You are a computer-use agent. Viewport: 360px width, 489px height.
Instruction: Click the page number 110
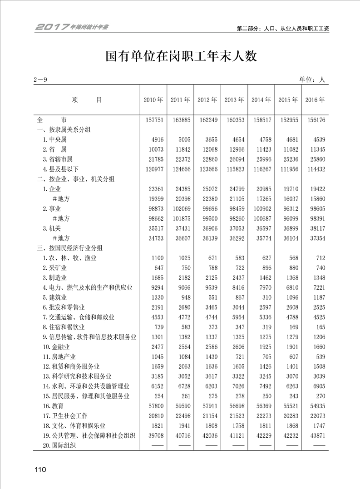tap(39, 470)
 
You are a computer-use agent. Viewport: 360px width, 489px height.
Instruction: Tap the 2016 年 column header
tap(315, 100)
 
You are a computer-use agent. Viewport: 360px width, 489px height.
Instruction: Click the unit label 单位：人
tap(312, 80)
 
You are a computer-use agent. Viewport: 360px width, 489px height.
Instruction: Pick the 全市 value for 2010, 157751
tap(153, 120)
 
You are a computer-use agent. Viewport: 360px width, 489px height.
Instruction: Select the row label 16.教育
tap(53, 405)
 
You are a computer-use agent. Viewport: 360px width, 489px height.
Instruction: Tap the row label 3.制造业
tap(55, 277)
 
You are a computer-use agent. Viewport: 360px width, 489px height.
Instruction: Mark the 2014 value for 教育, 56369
tap(261, 405)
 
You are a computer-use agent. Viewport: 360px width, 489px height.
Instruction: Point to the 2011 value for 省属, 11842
tap(180, 149)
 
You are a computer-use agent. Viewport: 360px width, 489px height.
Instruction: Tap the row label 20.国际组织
tap(59, 445)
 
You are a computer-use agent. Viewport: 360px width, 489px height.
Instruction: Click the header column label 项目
tap(87, 100)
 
